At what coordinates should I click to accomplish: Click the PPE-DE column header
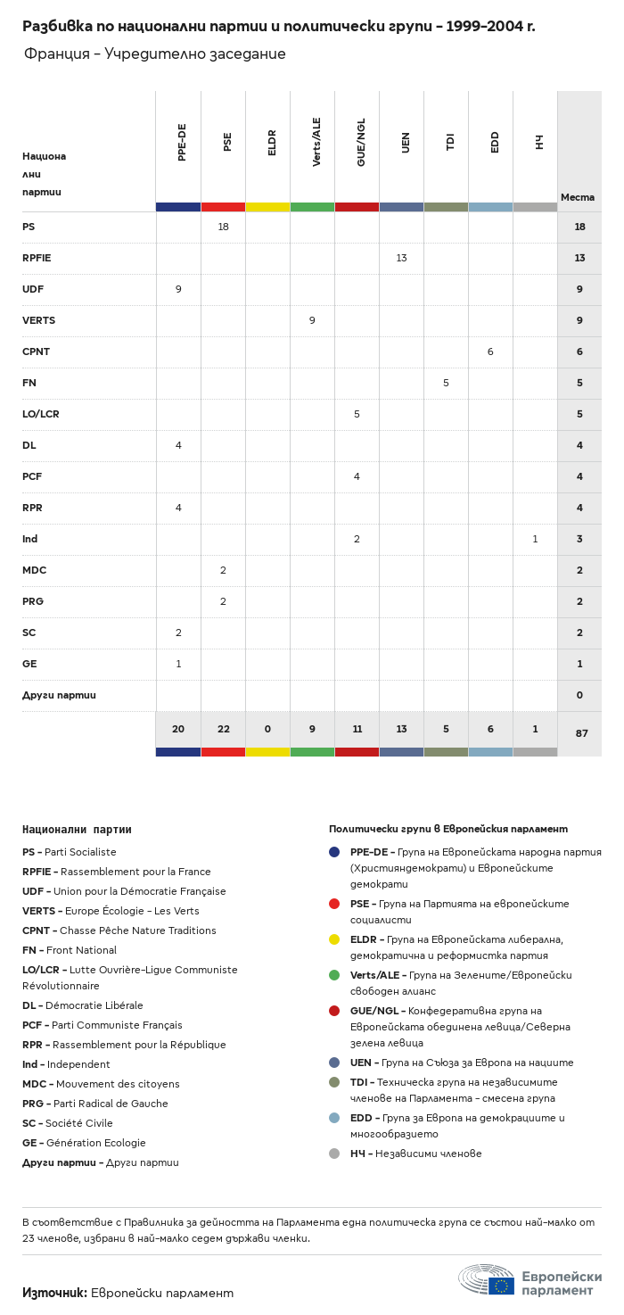click(182, 142)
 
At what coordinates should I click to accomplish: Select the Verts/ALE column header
click(316, 142)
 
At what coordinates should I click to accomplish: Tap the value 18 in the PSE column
click(223, 227)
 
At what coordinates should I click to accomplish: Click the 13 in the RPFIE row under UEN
click(401, 258)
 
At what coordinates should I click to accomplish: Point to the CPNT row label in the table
click(36, 351)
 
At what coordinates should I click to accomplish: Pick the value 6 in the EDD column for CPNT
click(490, 351)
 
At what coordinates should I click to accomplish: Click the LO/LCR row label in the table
click(41, 414)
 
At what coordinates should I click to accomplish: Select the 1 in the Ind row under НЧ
click(535, 539)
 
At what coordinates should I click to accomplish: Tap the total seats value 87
click(581, 733)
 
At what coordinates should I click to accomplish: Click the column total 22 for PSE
click(223, 729)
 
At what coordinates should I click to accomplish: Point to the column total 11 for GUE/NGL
click(357, 729)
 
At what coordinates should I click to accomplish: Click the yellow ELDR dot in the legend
click(334, 939)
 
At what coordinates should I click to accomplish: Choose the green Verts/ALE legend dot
click(334, 974)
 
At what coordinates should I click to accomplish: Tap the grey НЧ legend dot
click(334, 1153)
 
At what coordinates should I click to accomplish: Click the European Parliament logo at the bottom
click(530, 1282)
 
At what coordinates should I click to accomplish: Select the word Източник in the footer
click(53, 1293)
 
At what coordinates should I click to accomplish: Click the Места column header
click(578, 197)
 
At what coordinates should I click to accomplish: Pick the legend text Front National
click(81, 950)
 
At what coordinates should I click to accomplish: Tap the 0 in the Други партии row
click(579, 695)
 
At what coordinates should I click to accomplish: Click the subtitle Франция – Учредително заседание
click(155, 54)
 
